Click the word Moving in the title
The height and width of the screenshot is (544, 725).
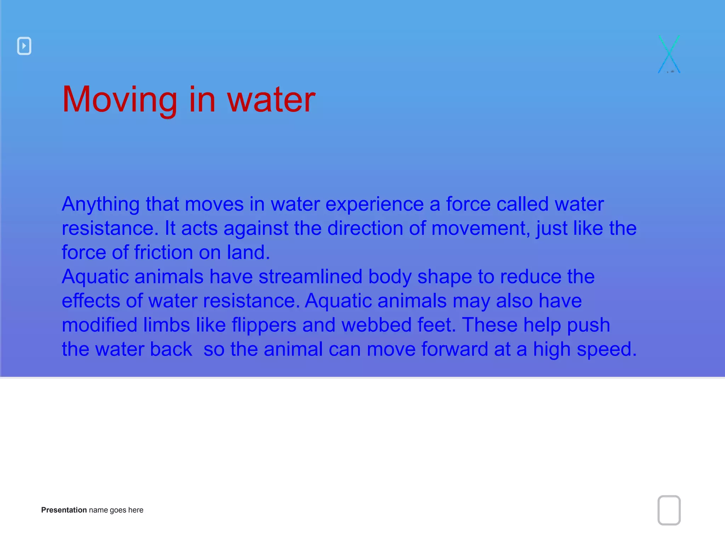119,100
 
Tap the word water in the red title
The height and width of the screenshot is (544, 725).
271,100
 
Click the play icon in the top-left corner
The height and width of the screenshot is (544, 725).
24,46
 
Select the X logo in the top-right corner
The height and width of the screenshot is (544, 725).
669,55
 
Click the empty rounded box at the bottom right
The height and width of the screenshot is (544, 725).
669,510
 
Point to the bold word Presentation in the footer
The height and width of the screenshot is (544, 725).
64,510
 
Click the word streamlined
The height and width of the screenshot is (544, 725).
310,277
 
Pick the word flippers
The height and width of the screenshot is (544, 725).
264,325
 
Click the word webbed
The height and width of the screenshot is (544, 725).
376,325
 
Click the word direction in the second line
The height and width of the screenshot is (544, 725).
365,228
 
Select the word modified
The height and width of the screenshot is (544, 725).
99,325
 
